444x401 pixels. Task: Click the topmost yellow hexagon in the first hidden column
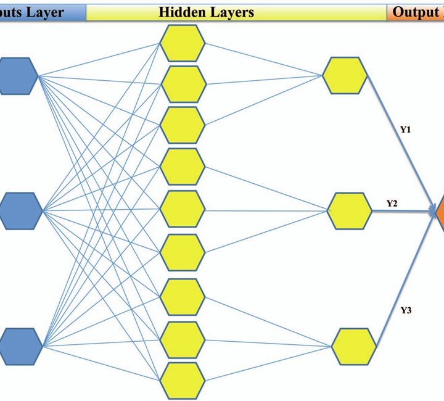pos(183,43)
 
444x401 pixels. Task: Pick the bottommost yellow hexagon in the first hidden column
pos(183,380)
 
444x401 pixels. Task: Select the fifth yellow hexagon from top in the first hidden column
pos(183,209)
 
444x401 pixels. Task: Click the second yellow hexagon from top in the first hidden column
pos(183,84)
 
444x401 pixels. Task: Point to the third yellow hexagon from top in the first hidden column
pos(183,125)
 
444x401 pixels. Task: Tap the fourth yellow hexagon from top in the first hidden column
pos(183,167)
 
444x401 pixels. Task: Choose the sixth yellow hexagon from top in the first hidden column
pos(183,250)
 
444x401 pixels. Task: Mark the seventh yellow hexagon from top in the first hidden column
pos(183,297)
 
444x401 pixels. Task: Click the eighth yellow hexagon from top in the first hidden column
pos(183,339)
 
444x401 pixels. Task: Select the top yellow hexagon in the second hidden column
pos(345,76)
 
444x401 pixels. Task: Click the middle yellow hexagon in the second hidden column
pos(349,211)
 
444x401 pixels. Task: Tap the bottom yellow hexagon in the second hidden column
pos(353,346)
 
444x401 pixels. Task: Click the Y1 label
pos(405,130)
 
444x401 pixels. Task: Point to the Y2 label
pos(392,203)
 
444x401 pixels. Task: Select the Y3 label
pos(406,310)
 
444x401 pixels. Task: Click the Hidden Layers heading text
pos(206,12)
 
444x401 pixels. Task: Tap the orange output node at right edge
pos(439,212)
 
